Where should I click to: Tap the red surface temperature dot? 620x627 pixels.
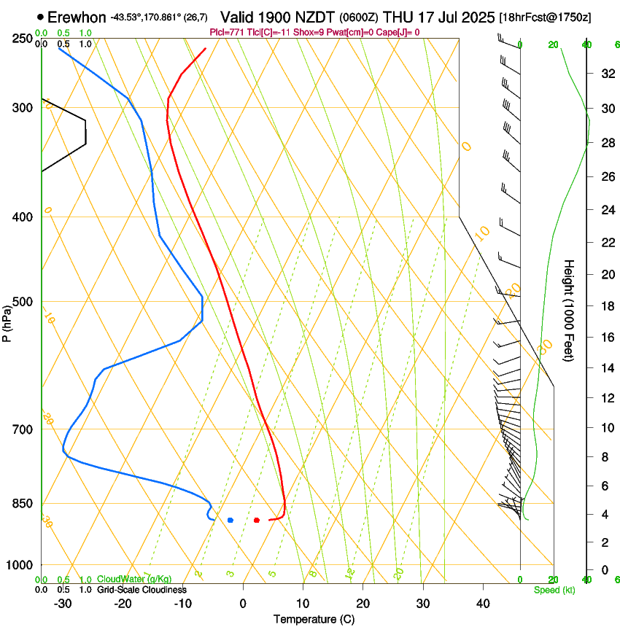point(257,520)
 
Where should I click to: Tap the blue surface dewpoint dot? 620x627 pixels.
point(230,520)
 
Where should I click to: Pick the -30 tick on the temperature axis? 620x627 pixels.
point(63,604)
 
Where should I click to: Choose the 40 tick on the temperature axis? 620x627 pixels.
point(482,604)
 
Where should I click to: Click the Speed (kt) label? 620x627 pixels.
point(554,590)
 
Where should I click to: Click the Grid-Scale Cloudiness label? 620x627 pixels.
point(143,590)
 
